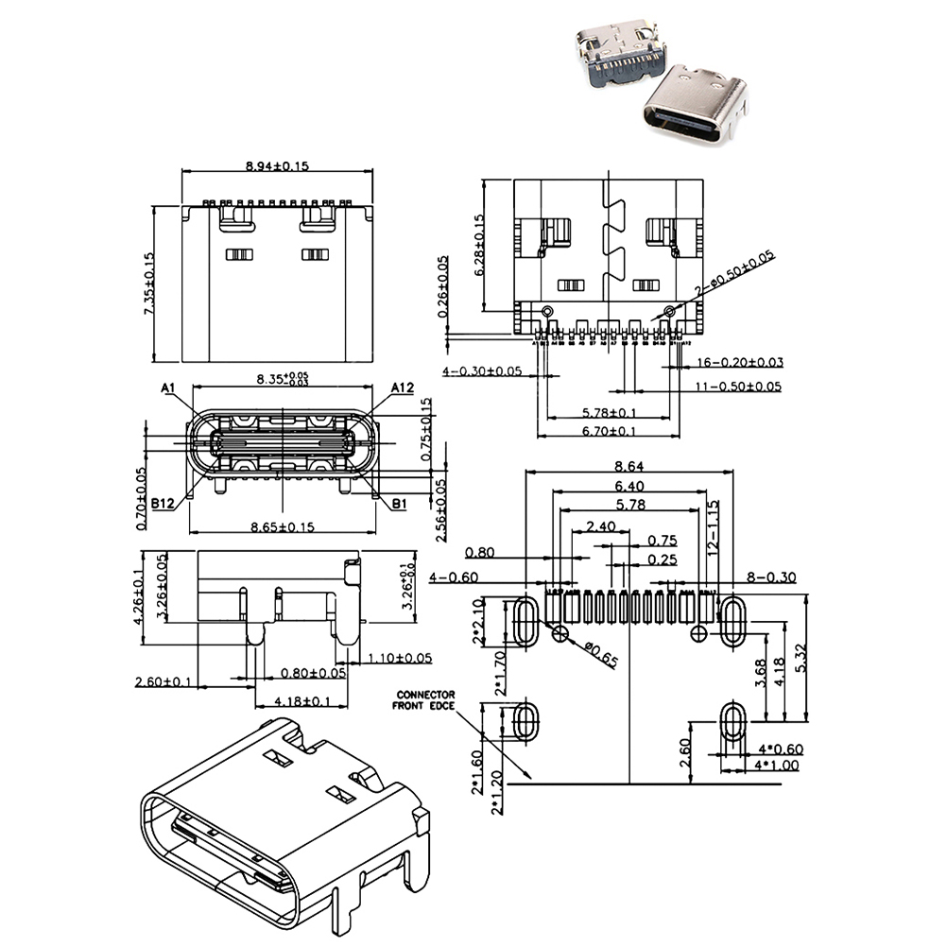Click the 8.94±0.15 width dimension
click(277, 165)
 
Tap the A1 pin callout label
click(169, 387)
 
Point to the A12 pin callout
click(404, 387)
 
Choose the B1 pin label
click(399, 505)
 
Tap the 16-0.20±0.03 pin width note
click(740, 362)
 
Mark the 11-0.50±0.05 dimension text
click(738, 386)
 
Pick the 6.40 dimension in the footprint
click(630, 486)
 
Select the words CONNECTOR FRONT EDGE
click(425, 699)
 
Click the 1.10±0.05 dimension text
click(400, 658)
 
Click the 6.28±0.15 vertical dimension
click(479, 245)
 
